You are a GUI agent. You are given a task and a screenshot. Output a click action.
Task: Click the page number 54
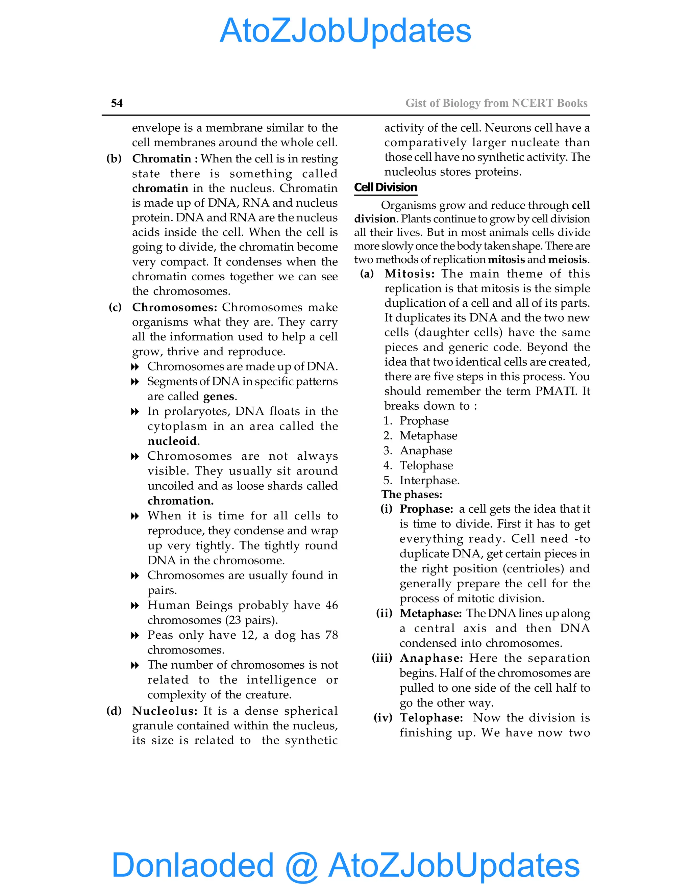click(x=117, y=103)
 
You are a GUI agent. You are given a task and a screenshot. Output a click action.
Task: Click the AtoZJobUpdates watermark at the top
click(x=345, y=31)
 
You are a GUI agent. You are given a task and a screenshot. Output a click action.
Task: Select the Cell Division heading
click(x=385, y=187)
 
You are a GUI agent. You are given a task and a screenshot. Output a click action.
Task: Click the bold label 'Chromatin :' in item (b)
click(x=165, y=159)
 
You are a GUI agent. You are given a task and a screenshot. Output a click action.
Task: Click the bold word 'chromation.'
click(x=180, y=501)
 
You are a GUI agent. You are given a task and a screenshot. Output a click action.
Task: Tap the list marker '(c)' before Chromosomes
click(x=115, y=307)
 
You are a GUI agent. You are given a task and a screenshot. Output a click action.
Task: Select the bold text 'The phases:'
click(x=412, y=495)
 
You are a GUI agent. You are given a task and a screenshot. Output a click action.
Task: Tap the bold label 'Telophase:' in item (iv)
click(x=431, y=718)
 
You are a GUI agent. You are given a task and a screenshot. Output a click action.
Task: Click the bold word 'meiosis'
click(x=568, y=260)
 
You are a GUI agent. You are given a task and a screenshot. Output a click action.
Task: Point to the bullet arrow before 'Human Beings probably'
click(x=135, y=606)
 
